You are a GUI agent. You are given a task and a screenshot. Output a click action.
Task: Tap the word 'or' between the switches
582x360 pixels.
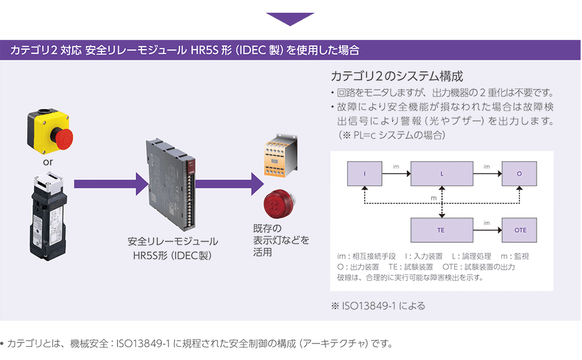[x=48, y=162]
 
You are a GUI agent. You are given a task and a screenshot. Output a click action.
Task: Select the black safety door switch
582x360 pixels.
[x=48, y=216]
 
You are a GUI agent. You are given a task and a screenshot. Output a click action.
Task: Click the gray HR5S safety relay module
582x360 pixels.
[x=170, y=184]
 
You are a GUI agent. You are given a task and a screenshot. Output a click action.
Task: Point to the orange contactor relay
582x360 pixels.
[x=281, y=155]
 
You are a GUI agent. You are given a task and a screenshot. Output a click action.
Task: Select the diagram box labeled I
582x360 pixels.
[x=364, y=174]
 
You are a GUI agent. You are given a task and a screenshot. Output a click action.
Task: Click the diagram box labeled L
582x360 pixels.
[x=442, y=174]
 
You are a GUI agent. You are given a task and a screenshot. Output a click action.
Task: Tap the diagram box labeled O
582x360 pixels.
[x=520, y=174]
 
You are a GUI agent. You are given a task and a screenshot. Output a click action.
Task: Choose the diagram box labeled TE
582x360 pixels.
[x=442, y=230]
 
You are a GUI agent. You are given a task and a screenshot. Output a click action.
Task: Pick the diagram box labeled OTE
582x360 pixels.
[x=520, y=230]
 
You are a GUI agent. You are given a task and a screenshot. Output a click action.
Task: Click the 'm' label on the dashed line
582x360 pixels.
[x=433, y=198]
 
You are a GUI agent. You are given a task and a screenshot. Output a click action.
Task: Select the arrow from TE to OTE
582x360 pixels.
[x=487, y=230]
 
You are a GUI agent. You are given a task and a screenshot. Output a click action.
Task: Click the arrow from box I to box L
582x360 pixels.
[x=396, y=173]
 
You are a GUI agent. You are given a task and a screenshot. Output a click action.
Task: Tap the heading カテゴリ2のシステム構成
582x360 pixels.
[x=396, y=76]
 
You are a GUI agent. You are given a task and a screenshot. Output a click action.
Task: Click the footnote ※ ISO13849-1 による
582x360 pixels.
[x=378, y=306]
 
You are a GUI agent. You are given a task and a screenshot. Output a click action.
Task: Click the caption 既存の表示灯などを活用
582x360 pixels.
[x=281, y=240]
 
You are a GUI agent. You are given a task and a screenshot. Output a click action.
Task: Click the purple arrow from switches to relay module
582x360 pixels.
[x=112, y=184]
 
